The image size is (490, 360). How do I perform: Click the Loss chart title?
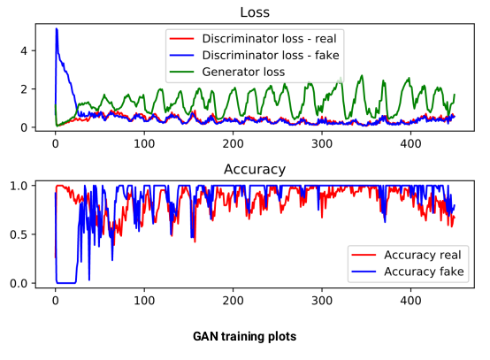tap(255, 13)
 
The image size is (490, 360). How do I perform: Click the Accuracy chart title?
tap(255, 169)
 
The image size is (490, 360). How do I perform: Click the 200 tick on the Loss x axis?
tap(233, 143)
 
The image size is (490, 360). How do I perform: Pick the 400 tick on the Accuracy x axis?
tap(410, 299)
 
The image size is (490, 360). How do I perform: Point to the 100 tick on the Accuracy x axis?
tap(144, 299)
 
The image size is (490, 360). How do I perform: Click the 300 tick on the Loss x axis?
tap(322, 143)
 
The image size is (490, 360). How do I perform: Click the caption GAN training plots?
tap(245, 337)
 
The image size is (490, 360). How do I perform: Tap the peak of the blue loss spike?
tap(57, 29)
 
